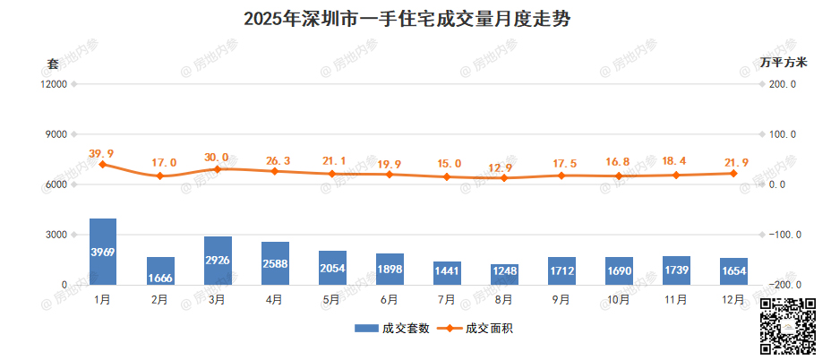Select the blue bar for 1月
pos(103,252)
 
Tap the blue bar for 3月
pos(218,261)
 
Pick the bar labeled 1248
pos(504,275)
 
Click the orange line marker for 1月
pos(103,165)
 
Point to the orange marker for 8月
pos(504,178)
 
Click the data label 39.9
pos(101,154)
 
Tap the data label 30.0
pos(216,158)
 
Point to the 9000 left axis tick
pos(56,134)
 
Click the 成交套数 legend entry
pos(392,329)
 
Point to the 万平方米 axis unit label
pos(784,63)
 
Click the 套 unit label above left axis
pos(53,64)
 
